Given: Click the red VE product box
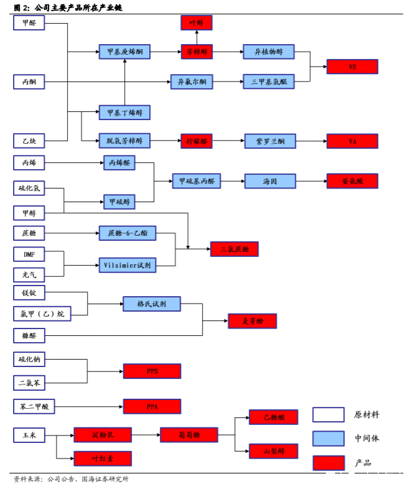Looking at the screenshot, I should tap(353, 67).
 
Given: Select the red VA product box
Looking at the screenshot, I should tap(353, 141).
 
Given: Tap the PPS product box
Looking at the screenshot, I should tap(152, 371).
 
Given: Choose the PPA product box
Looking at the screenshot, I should tap(152, 407).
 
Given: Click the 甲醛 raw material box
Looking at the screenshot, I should tap(29, 24).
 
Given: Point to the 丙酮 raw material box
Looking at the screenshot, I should tap(29, 81).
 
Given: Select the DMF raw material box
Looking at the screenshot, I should tap(29, 254).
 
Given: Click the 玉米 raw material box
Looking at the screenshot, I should tap(29, 434).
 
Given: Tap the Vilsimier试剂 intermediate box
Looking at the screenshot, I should tap(127, 264).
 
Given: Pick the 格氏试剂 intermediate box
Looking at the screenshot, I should tap(151, 304).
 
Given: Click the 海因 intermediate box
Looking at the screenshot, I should tap(270, 181).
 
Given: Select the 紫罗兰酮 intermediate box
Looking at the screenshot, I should tap(270, 141).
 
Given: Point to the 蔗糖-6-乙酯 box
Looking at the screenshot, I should tap(127, 233).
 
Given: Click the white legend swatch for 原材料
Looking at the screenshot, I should tap(328, 414).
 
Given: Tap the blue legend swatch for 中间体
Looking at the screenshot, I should tap(328, 438).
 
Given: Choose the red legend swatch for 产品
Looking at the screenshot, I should tap(328, 462).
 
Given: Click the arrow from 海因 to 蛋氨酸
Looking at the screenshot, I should tap(311, 181).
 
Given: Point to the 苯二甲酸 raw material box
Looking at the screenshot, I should tap(34, 407).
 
